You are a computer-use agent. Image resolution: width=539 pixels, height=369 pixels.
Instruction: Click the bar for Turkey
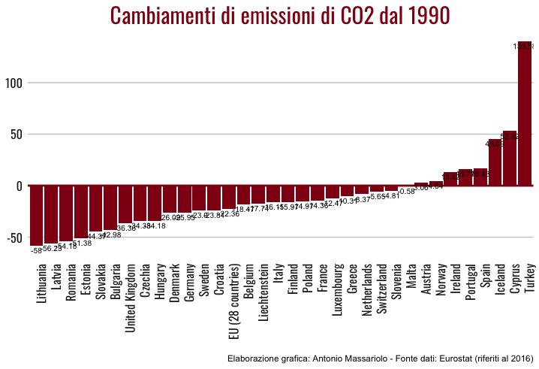(x=525, y=113)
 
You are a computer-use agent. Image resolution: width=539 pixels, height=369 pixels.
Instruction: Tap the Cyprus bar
(x=510, y=158)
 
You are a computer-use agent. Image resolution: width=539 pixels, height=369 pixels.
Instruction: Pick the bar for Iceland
(x=495, y=162)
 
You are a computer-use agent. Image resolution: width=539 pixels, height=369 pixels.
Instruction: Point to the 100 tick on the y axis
(x=14, y=82)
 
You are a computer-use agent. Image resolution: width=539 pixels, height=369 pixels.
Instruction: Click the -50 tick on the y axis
(x=13, y=237)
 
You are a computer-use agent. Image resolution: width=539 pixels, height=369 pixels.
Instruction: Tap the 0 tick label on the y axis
(x=20, y=186)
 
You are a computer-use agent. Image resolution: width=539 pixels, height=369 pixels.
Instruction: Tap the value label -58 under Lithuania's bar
(x=35, y=250)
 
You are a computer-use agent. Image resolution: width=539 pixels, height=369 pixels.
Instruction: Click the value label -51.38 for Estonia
(x=81, y=243)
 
